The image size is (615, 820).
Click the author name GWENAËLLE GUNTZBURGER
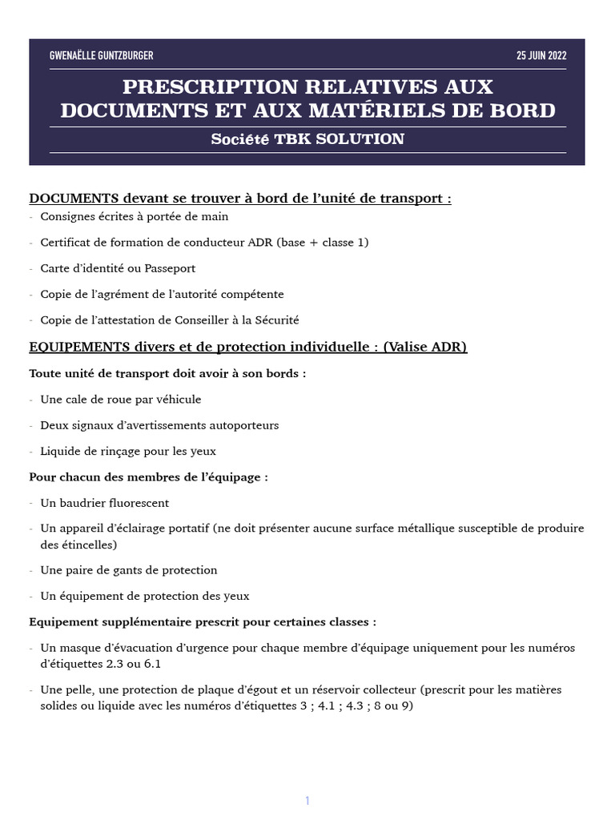pyautogui.click(x=101, y=55)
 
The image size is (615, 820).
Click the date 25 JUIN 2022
pyautogui.click(x=541, y=55)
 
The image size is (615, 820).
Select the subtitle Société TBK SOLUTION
pyautogui.click(x=307, y=139)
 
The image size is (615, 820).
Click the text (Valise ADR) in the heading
pyautogui.click(x=424, y=347)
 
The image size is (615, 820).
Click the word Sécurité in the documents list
pyautogui.click(x=277, y=320)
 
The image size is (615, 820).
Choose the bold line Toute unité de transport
pyautogui.click(x=167, y=373)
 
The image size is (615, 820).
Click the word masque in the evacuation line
pyautogui.click(x=78, y=648)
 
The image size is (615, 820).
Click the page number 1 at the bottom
pyautogui.click(x=307, y=778)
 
